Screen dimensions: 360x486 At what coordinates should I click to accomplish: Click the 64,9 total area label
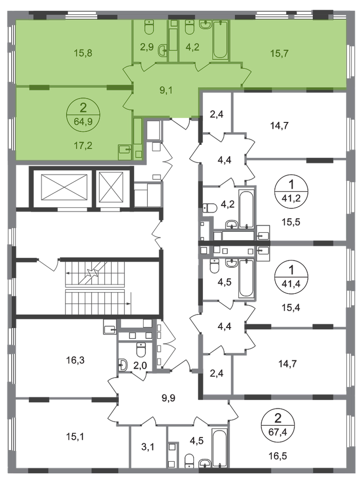(83, 121)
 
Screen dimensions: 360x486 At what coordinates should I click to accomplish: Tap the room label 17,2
(83, 145)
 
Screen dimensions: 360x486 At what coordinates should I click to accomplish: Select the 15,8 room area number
(83, 53)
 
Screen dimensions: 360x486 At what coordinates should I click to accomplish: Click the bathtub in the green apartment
(220, 40)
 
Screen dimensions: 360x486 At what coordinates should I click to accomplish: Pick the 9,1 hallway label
(166, 91)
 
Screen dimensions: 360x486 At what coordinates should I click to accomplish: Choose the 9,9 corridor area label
(168, 398)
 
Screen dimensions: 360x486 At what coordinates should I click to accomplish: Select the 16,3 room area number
(75, 360)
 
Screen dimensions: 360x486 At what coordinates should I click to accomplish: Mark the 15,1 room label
(75, 437)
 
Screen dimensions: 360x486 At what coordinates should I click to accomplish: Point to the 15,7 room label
(280, 53)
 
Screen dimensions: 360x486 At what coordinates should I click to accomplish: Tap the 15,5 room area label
(291, 222)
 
